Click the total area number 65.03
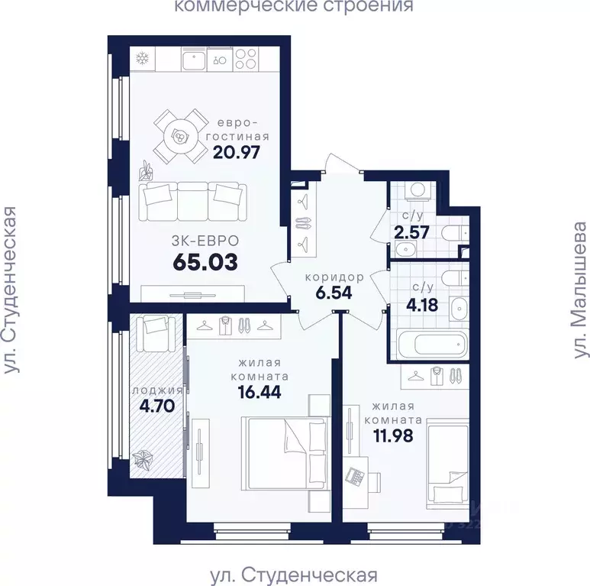point(205,262)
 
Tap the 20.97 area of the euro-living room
point(237,151)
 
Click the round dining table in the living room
point(181,137)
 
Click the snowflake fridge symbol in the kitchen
point(141,59)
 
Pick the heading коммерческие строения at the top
point(294,8)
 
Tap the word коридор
point(330,276)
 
